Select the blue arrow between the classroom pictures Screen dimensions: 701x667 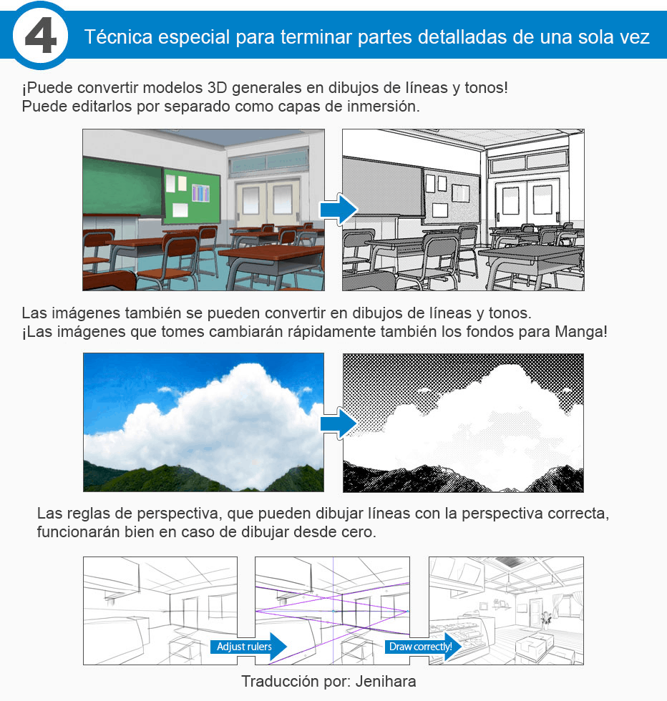point(337,210)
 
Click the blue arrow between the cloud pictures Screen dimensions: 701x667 point(337,424)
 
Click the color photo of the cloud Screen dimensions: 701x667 point(203,422)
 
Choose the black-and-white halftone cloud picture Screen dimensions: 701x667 point(463,422)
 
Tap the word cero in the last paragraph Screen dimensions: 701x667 point(359,533)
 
